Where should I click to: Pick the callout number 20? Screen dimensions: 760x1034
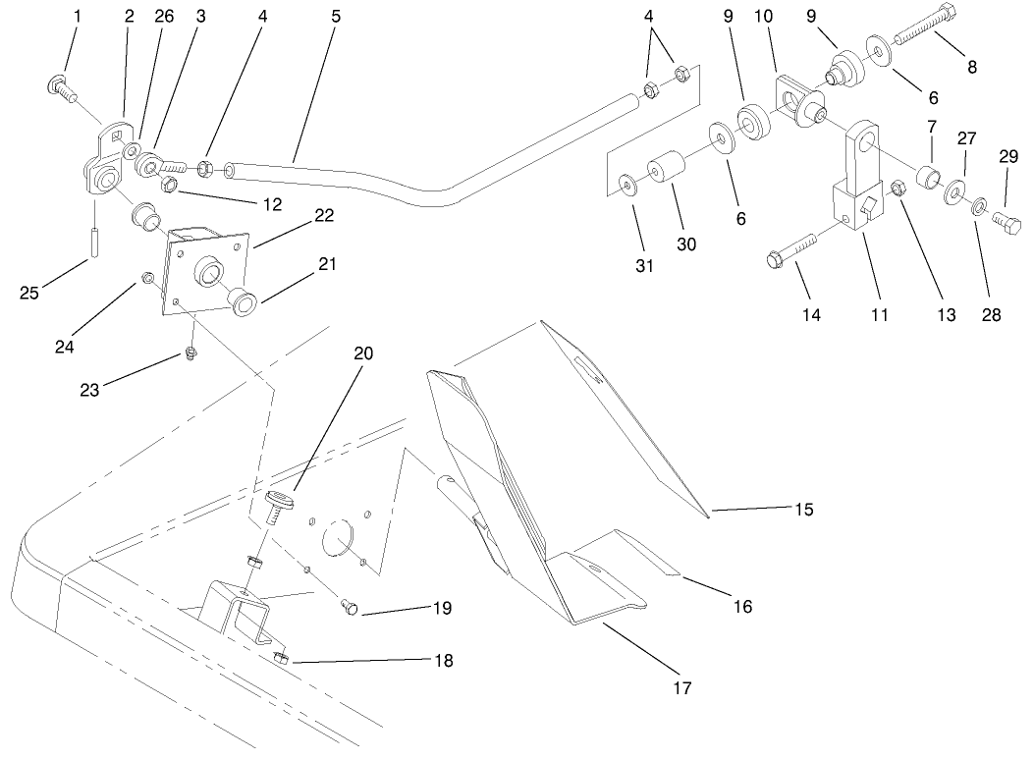click(x=363, y=353)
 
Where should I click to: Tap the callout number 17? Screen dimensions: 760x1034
click(x=681, y=688)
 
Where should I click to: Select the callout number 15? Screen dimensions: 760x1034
click(x=804, y=509)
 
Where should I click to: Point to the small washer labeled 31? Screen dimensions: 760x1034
click(x=626, y=182)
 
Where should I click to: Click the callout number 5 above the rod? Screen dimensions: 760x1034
click(x=336, y=17)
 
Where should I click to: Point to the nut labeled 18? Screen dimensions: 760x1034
click(x=280, y=659)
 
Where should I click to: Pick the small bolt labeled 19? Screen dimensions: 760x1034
click(x=349, y=609)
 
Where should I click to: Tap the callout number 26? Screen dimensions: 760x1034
click(x=162, y=17)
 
